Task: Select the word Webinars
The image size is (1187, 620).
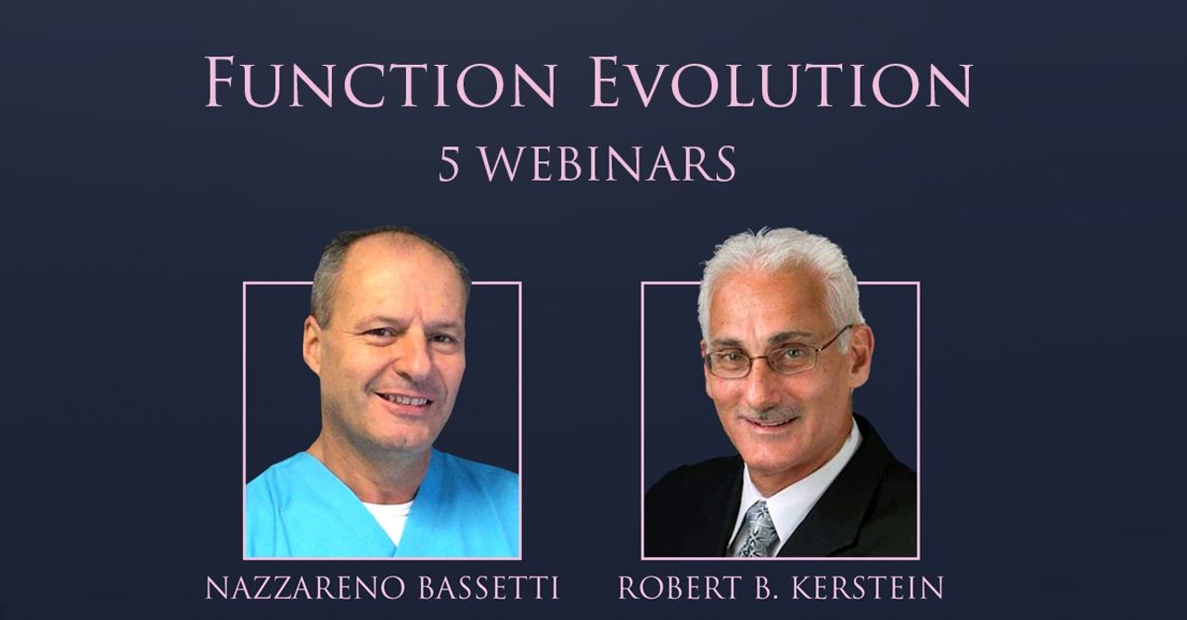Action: pos(607,164)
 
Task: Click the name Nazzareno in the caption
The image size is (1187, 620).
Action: pos(305,588)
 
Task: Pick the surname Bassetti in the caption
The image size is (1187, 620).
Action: pos(489,588)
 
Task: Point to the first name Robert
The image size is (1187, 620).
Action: pos(680,588)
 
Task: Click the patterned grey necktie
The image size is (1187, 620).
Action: pos(758,529)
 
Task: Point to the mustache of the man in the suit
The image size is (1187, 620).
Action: pos(770,414)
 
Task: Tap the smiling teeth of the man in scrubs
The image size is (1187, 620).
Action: pos(405,400)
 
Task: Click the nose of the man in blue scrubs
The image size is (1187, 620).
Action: pos(418,360)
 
